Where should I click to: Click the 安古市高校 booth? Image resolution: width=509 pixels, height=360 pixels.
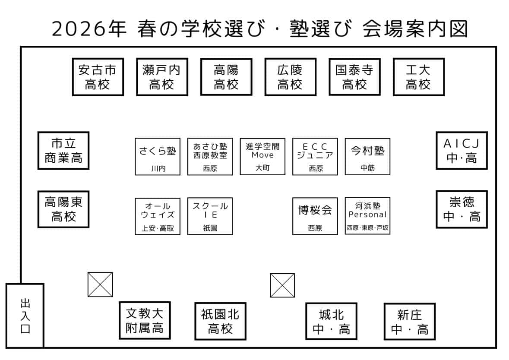98,77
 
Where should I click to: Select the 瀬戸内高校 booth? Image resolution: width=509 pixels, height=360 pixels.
162,77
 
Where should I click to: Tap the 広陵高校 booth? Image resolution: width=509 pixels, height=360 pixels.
290,77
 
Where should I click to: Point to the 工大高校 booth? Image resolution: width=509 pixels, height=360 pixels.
418,77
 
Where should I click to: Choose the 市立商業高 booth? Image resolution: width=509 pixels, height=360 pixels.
63,151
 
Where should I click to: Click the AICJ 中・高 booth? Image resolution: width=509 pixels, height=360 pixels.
462,151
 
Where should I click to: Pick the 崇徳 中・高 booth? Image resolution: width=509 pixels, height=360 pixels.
462,209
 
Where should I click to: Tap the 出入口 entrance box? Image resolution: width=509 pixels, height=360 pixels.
25,316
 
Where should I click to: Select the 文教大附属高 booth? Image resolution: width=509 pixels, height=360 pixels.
145,320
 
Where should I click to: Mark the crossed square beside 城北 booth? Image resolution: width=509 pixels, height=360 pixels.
282,285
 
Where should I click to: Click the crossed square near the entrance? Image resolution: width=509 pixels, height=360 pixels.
100,284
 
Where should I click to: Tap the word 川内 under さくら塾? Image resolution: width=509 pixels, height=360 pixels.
158,169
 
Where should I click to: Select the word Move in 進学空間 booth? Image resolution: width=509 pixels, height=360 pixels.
262,155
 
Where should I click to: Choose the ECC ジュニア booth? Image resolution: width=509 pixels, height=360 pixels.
315,156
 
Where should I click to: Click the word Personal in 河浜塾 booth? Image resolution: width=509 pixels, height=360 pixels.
367,214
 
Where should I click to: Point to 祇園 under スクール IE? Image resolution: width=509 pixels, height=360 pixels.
210,228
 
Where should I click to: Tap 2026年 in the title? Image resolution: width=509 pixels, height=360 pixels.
89,30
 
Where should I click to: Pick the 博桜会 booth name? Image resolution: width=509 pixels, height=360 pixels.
315,210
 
